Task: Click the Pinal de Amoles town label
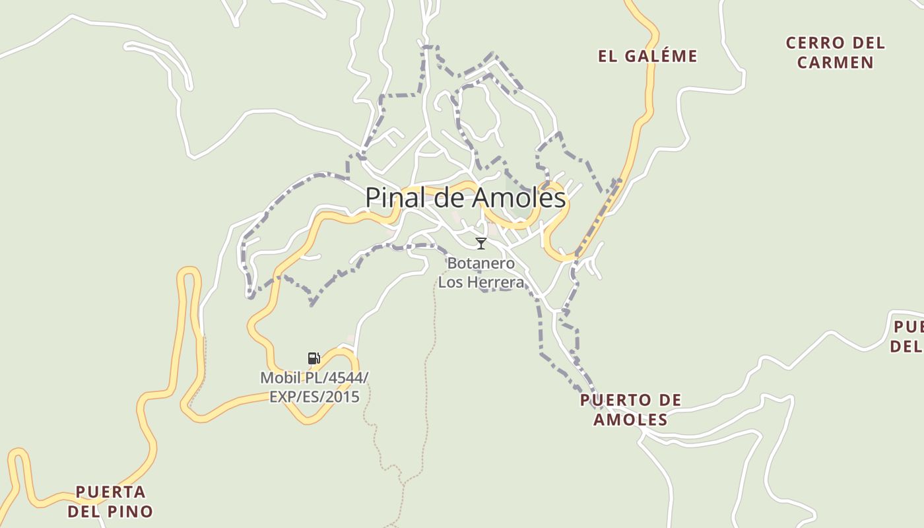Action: point(465,197)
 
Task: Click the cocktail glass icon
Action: point(481,244)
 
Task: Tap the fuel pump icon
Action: point(314,358)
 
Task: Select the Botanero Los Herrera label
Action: point(481,273)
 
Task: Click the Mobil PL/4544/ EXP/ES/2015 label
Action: point(314,387)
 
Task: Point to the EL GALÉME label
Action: point(647,56)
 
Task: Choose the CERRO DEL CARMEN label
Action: point(835,53)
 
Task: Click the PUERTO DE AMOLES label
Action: point(630,410)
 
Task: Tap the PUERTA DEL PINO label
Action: point(110,502)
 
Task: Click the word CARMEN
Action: point(835,63)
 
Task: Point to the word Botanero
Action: point(481,263)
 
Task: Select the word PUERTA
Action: point(110,492)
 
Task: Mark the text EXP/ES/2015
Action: point(314,397)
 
